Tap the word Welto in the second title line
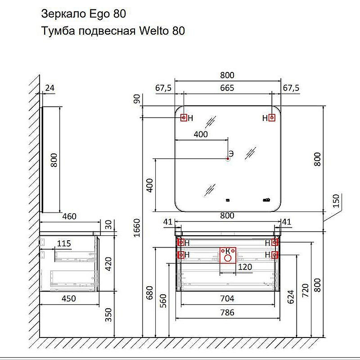point(154,31)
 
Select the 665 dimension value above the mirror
point(227,88)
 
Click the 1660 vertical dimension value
point(137,228)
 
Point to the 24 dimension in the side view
point(49,88)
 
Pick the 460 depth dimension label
point(69,216)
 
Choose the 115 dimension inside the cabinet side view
point(64,243)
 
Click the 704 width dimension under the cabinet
point(227,298)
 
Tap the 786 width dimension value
point(227,312)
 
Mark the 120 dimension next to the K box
point(245,267)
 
